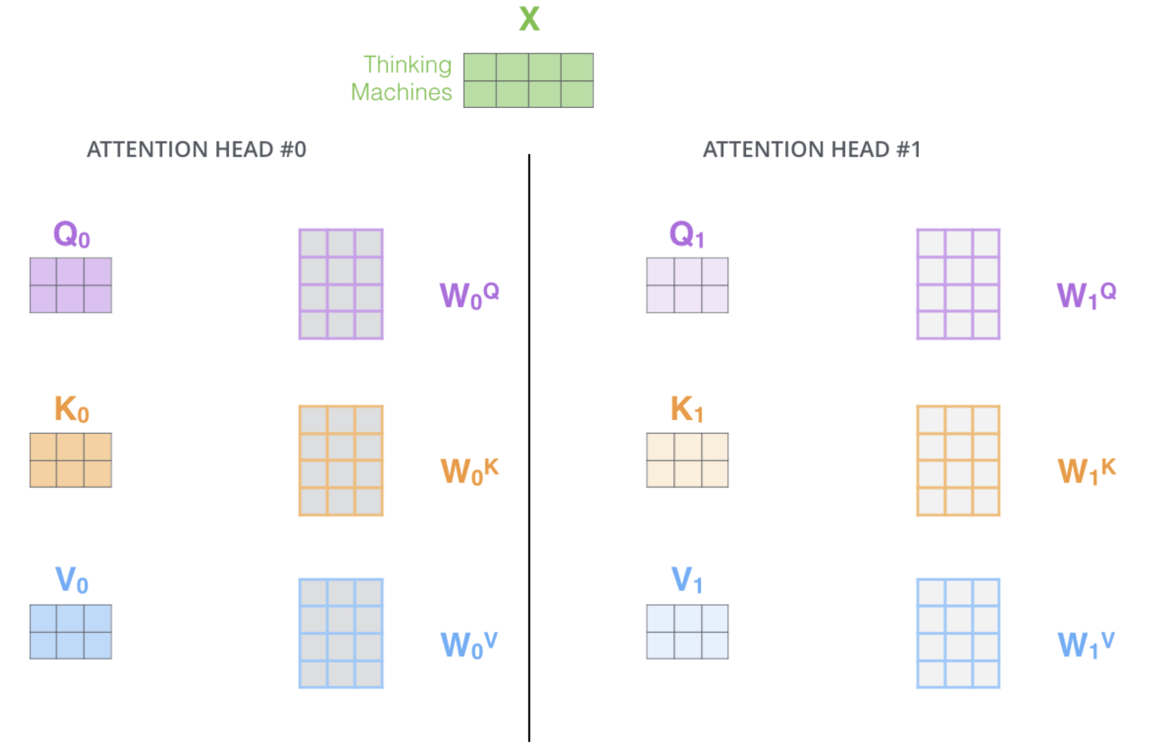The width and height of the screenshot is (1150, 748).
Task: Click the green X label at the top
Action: click(529, 18)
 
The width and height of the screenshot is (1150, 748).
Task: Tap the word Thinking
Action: click(407, 65)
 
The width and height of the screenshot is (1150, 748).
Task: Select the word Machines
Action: click(401, 92)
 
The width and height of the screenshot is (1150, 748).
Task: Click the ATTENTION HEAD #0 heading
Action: click(196, 149)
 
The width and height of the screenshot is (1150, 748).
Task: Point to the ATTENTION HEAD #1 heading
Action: click(812, 149)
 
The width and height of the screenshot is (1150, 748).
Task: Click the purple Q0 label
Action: click(71, 235)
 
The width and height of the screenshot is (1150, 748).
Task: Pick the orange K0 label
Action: click(71, 410)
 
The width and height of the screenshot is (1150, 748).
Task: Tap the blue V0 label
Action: click(71, 580)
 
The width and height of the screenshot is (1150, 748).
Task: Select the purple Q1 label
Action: click(686, 235)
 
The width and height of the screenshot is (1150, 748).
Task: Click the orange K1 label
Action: click(686, 410)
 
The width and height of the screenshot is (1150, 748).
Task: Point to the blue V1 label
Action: click(686, 580)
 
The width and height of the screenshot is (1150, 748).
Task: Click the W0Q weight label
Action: click(469, 295)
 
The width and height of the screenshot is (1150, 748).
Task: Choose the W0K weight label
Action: click(469, 471)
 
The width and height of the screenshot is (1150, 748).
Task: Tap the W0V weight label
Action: click(469, 645)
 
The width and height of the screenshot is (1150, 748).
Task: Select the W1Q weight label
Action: click(1086, 295)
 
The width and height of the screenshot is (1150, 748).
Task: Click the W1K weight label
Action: click(1086, 471)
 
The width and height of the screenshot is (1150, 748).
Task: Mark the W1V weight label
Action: click(1086, 645)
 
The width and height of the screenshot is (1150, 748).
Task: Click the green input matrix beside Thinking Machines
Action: click(529, 81)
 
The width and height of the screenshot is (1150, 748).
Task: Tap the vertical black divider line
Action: click(529, 444)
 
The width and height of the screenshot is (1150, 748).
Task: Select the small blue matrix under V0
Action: click(70, 632)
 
